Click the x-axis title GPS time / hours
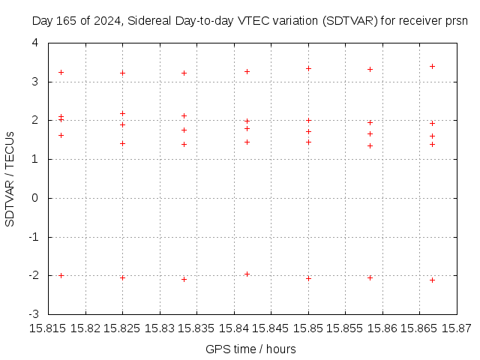point(250,349)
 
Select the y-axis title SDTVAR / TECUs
point(10,178)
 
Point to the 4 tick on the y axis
point(34,43)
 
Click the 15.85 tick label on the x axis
point(308,328)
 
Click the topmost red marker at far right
point(432,66)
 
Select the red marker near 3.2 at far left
point(61,72)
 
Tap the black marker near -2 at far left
point(61,275)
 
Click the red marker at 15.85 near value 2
point(308,120)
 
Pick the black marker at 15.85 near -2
point(308,278)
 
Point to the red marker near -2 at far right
point(432,280)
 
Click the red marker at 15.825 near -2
point(122,277)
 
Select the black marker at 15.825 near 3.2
point(122,73)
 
